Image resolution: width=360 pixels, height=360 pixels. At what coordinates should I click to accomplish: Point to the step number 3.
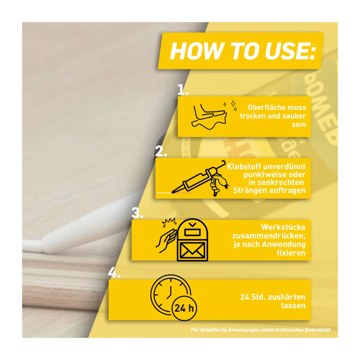[x=137, y=213]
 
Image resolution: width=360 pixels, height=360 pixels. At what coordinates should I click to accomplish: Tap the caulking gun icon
[x=200, y=178]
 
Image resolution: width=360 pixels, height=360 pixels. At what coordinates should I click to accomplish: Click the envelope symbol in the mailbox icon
[x=193, y=250]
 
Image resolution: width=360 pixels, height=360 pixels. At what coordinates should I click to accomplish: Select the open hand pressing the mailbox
[x=166, y=241]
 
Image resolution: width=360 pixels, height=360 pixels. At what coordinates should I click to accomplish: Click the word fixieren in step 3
[x=291, y=253]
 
